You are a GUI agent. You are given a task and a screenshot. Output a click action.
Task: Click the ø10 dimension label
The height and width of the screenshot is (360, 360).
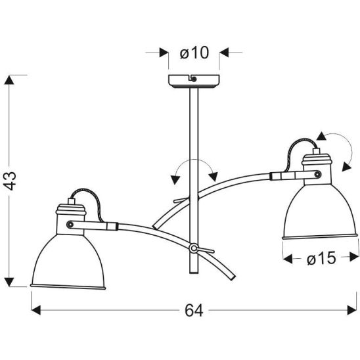[194, 53]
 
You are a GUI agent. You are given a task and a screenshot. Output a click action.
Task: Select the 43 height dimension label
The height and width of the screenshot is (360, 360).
[11, 181]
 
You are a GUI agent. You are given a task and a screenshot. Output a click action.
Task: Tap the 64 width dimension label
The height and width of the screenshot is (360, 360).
[194, 311]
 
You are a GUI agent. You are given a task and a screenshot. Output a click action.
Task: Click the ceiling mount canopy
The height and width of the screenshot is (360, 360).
[194, 81]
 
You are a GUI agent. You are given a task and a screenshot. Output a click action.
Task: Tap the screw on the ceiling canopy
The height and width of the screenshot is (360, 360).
[194, 79]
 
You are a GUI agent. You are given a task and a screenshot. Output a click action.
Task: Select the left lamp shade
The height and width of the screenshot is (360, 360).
[68, 261]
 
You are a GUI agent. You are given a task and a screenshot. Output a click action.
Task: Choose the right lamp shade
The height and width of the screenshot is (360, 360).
[320, 212]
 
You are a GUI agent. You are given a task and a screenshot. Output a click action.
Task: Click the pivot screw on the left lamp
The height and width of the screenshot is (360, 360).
[70, 224]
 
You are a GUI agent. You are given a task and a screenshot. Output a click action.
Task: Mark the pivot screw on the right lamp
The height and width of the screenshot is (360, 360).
[318, 175]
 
